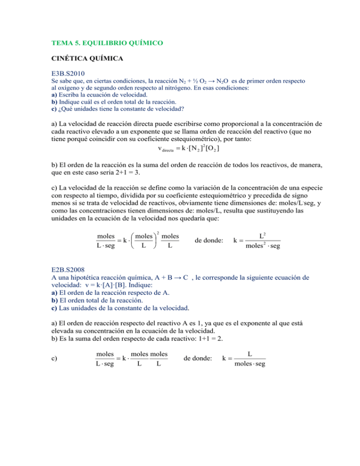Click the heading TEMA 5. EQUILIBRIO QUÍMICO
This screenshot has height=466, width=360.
107,43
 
